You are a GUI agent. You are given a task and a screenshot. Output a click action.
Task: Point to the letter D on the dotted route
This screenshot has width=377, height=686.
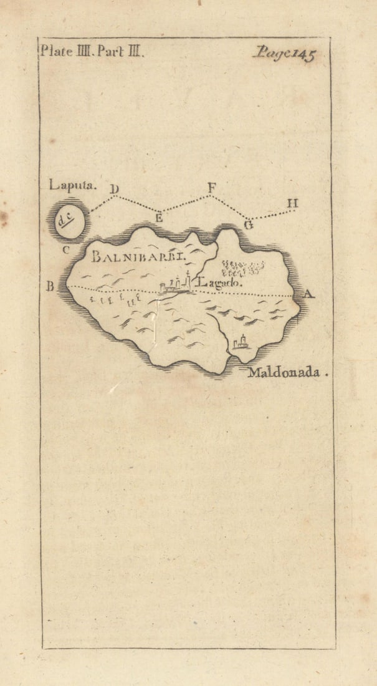click(115, 189)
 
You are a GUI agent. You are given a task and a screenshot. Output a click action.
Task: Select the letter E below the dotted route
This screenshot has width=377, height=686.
click(159, 218)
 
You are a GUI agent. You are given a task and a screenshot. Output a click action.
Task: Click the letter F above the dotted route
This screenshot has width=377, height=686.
click(211, 186)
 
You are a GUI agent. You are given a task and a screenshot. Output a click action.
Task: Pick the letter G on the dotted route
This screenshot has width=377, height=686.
click(248, 225)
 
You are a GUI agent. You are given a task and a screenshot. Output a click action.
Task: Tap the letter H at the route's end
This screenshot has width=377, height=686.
click(292, 203)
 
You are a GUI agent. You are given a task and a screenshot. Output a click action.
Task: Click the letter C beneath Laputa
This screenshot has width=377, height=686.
click(64, 251)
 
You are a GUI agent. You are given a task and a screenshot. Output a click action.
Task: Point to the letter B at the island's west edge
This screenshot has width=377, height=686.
click(50, 287)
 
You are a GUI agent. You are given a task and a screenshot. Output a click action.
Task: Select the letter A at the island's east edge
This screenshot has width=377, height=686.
click(308, 294)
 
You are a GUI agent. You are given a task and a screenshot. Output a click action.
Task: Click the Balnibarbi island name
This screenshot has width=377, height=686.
click(133, 256)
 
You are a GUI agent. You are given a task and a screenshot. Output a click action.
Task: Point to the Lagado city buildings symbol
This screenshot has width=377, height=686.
click(174, 285)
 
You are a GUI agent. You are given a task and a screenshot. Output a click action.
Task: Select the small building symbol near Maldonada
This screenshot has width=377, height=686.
click(241, 341)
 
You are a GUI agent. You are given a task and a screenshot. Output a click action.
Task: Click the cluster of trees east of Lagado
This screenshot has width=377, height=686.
click(242, 268)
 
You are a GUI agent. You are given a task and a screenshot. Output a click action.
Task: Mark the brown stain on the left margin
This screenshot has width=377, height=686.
click(4, 218)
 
